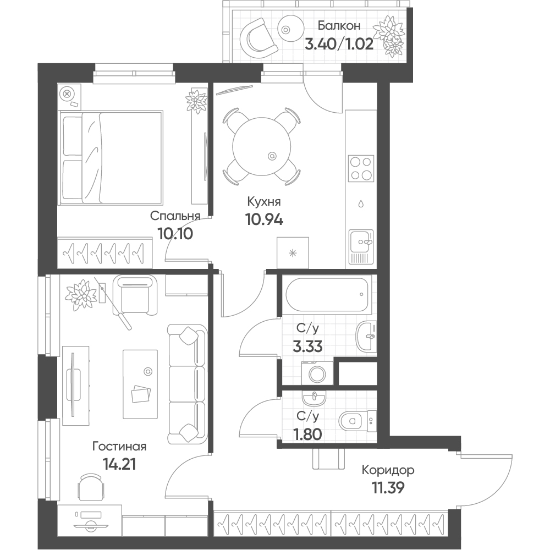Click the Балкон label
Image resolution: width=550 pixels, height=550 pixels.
point(339,26)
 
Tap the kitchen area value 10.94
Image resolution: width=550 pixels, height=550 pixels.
point(265,219)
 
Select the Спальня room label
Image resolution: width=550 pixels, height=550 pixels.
point(175,216)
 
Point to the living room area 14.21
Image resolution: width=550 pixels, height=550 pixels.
point(119,464)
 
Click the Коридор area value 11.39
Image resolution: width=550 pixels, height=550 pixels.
point(388,487)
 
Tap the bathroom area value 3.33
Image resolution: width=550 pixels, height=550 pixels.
point(307,347)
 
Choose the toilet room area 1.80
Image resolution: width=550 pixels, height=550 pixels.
point(307,435)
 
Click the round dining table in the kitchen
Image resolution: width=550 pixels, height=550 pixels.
point(262,147)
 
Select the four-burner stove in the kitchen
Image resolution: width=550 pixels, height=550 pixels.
point(361,168)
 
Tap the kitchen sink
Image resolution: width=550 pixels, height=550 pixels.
point(361,246)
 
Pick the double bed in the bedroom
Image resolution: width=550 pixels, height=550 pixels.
point(111,157)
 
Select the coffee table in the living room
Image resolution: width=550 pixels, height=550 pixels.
point(140,384)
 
